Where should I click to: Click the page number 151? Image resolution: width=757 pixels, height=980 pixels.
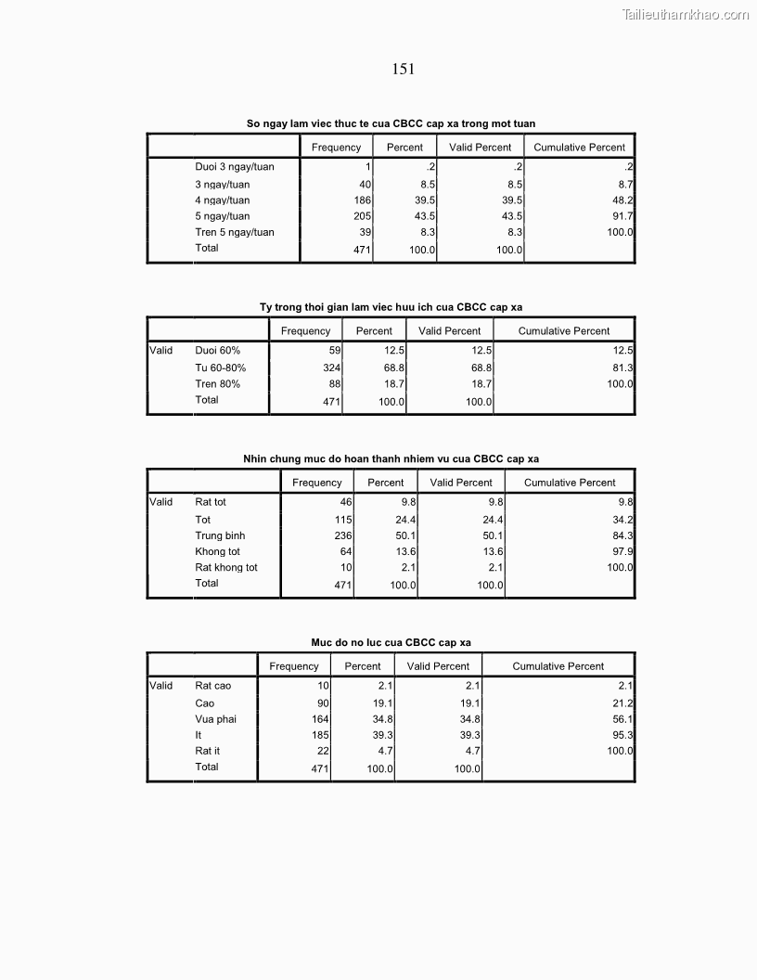tap(403, 69)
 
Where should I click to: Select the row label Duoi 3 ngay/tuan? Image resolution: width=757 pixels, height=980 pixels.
tap(235, 167)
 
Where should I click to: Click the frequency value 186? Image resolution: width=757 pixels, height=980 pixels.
tap(362, 200)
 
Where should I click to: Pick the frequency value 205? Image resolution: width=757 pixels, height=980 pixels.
tap(362, 216)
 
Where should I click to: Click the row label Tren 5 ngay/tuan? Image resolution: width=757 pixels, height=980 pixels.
tap(235, 232)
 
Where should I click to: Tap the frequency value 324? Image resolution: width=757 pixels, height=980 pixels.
tap(332, 368)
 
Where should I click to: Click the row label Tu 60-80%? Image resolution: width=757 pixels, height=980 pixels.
tap(220, 368)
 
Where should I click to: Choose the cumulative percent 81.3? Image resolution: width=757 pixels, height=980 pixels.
tap(622, 368)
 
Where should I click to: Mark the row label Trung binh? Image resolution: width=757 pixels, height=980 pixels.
tap(220, 535)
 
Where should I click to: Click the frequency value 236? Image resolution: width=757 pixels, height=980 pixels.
tap(343, 535)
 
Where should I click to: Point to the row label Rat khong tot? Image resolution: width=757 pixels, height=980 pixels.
tap(226, 567)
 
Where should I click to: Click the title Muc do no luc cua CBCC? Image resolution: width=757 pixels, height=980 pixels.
tap(391, 642)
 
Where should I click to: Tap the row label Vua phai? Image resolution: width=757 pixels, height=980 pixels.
tap(215, 719)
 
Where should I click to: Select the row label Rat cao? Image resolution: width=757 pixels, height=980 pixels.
tap(212, 686)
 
